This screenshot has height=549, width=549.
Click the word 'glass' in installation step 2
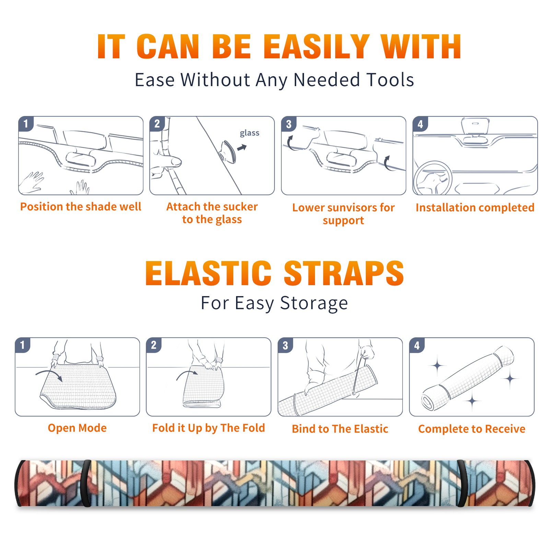[249, 133]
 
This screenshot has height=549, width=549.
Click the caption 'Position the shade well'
[81, 207]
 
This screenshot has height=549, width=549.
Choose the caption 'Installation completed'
[475, 208]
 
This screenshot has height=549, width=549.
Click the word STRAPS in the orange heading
[344, 273]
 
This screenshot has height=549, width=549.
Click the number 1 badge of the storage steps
[23, 345]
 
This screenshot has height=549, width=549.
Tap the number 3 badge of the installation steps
[289, 124]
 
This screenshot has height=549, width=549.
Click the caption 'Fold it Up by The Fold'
[209, 428]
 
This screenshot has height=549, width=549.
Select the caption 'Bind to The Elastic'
[340, 429]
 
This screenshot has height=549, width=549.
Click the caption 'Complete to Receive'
[472, 429]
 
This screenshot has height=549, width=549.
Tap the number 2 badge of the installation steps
[157, 124]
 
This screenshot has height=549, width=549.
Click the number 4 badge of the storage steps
[417, 345]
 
